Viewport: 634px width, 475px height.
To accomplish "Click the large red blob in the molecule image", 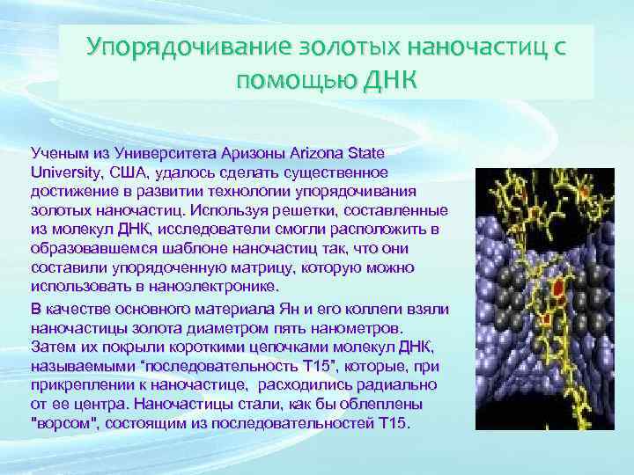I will click(557, 288).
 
